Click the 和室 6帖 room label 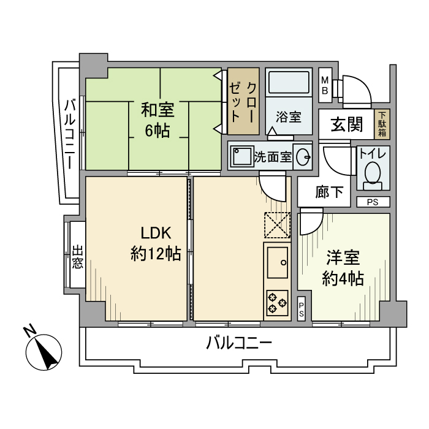click(x=158, y=120)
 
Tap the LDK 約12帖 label click(x=156, y=243)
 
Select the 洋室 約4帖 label click(x=343, y=268)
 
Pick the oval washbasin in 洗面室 click(x=303, y=158)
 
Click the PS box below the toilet click(x=373, y=202)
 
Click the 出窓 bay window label click(x=77, y=257)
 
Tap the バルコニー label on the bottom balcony click(x=238, y=343)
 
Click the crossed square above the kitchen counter click(x=277, y=225)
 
